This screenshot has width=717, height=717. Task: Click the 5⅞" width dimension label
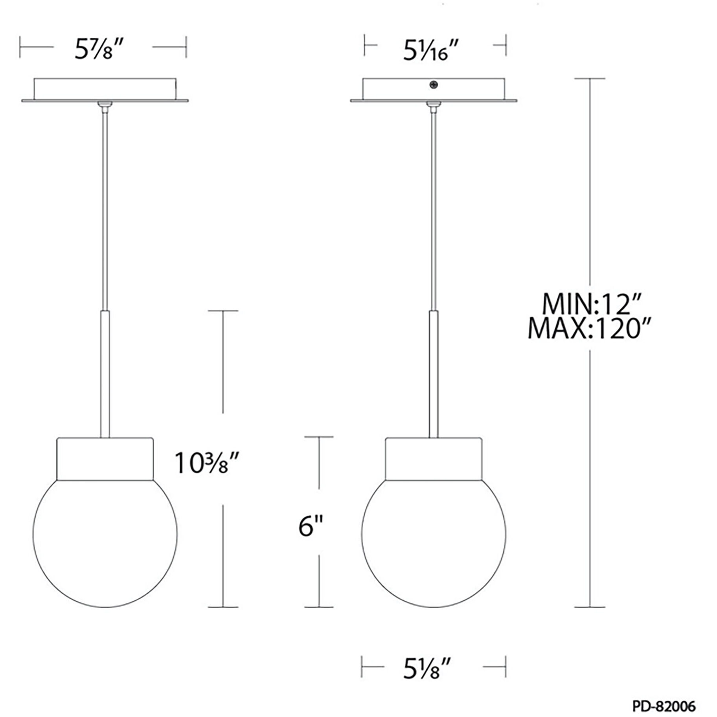100,50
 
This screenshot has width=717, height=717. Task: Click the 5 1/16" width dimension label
431,51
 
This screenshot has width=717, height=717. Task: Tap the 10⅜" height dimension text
207,463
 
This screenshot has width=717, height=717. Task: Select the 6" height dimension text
311,526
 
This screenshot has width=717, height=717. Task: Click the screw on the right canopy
434,85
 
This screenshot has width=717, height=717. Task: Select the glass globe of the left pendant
105,542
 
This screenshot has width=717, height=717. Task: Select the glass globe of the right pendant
434,542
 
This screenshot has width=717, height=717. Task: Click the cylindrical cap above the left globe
105,459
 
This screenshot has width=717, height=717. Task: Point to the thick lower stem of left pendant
105,373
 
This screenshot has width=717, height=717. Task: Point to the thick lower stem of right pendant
434,373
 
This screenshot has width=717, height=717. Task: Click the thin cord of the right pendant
434,208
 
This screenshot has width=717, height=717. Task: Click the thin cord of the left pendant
105,208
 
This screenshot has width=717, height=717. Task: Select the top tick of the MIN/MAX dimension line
590,79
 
